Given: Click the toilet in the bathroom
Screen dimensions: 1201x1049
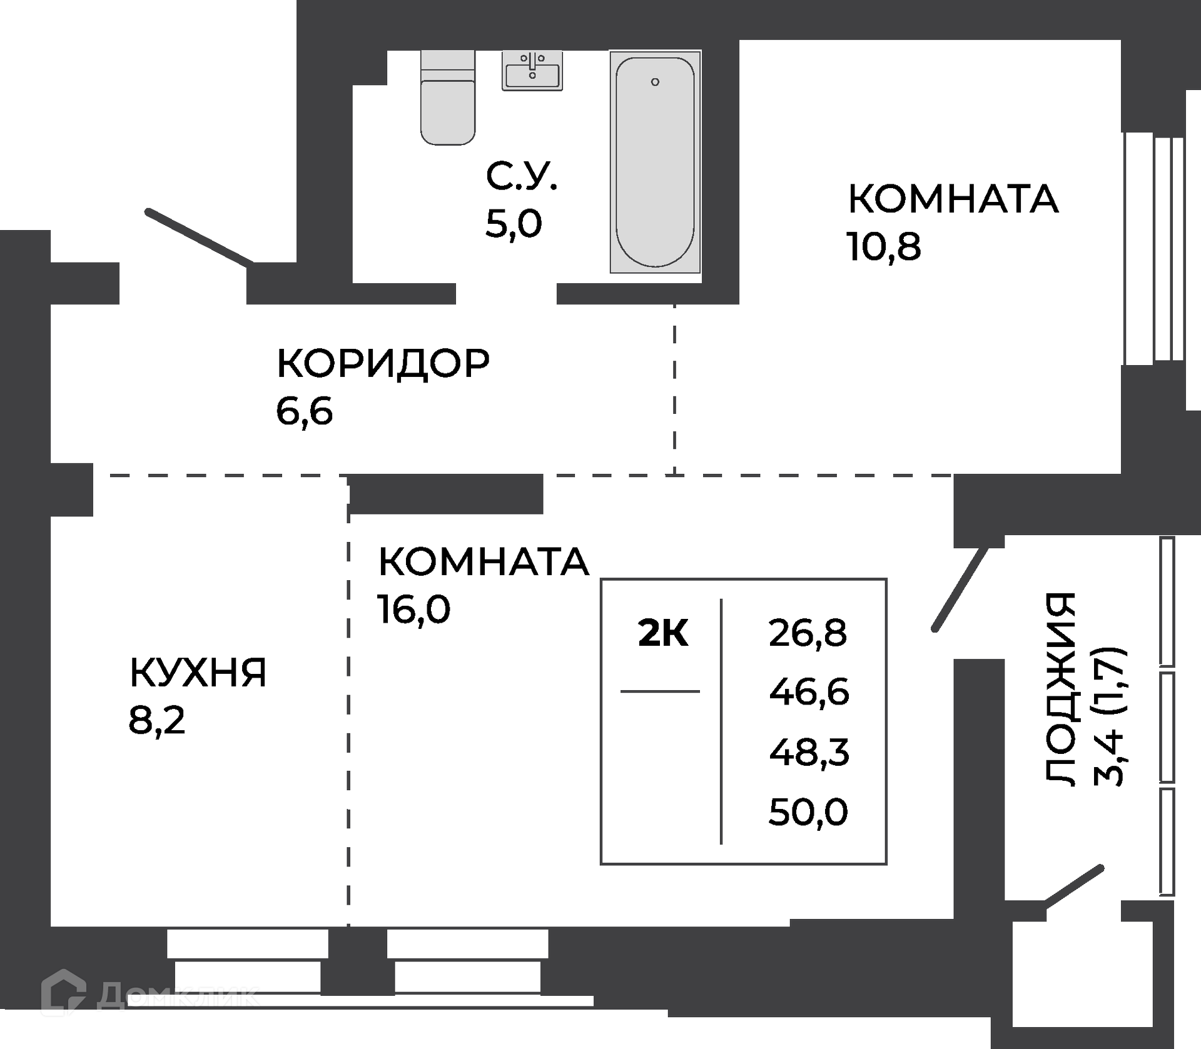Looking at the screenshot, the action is point(448,98).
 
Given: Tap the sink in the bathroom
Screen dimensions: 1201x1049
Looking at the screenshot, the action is point(532,71).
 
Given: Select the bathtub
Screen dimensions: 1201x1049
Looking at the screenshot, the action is point(655,162).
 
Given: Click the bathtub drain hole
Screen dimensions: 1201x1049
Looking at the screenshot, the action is point(655,82).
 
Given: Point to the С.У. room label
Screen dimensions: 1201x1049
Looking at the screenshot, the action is point(521,176).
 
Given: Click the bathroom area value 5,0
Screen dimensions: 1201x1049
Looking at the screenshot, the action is point(514,223).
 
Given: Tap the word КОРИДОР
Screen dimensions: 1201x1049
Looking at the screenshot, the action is point(383,363).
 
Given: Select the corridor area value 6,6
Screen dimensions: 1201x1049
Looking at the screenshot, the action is point(304,411).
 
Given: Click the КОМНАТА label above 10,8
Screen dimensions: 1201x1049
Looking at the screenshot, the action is point(953,199).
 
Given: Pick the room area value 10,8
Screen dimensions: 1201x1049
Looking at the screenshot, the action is point(883,246).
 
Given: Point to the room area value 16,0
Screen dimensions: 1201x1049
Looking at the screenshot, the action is point(413,608).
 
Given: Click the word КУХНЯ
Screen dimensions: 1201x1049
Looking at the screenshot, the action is point(198,673).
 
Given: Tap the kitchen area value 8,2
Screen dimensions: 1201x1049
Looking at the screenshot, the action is point(157,720).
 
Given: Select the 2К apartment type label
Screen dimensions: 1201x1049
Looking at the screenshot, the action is point(663,633).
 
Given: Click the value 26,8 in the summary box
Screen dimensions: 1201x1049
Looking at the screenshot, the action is point(808,633).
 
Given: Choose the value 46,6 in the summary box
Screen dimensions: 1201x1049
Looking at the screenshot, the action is point(809,692).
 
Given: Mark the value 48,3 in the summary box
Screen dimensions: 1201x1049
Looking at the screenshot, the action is point(809,752).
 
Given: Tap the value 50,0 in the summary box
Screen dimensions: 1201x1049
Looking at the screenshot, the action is point(808,812).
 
